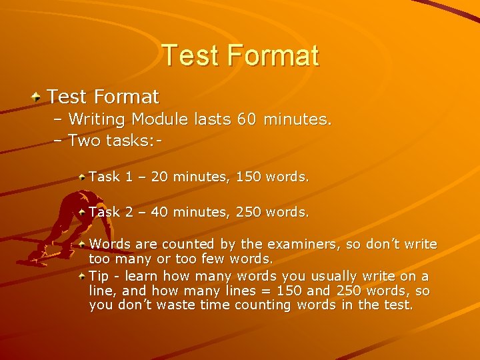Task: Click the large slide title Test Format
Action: pos(240,55)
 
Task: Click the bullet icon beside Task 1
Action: pos(81,177)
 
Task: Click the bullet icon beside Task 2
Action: pos(81,212)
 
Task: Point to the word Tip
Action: pos(99,276)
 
